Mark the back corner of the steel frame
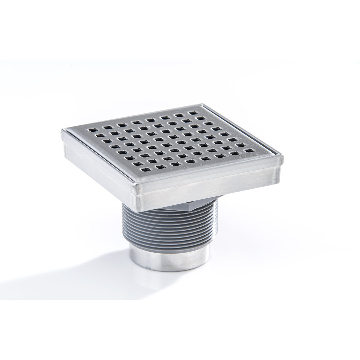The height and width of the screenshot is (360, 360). pyautogui.click(x=202, y=104)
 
